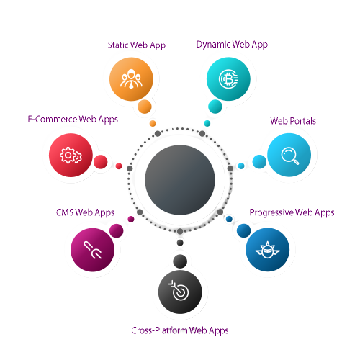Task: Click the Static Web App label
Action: [x=137, y=45]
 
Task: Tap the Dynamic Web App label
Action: [x=232, y=45]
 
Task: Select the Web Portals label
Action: [x=293, y=121]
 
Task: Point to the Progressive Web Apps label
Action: [x=292, y=212]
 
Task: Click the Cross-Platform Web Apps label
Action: [x=180, y=330]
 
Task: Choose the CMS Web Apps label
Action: [x=85, y=212]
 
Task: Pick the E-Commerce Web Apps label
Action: [x=73, y=120]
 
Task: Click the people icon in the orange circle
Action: [x=131, y=79]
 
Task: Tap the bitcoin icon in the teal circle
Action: [x=228, y=78]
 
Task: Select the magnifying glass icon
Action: [x=289, y=156]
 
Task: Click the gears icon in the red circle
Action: [x=71, y=156]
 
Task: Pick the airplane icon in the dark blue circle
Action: [x=267, y=250]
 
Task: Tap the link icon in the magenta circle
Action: [x=92, y=250]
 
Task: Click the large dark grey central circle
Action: [x=180, y=180]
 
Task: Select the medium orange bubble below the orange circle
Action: [x=145, y=107]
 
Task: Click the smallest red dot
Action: [x=119, y=166]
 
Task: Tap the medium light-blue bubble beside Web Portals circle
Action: [x=259, y=161]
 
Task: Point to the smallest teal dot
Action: [x=207, y=123]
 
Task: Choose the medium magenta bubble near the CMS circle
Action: [x=117, y=230]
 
